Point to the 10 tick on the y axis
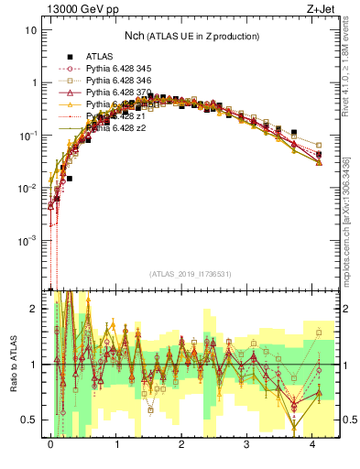30,29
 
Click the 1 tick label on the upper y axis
33,82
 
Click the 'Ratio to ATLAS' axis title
12,365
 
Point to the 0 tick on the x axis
50,443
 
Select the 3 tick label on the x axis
246,443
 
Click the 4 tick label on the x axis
312,443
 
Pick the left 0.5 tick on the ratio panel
30,420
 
